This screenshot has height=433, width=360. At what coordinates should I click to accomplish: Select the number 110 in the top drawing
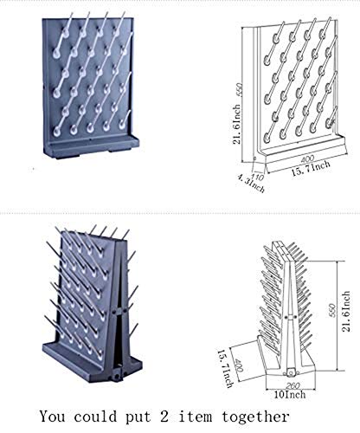point(255,171)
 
